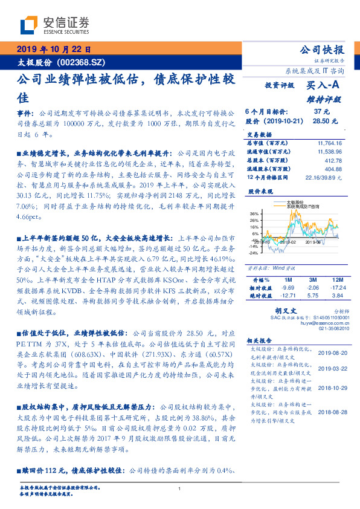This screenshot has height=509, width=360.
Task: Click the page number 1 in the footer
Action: [x=180, y=488]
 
